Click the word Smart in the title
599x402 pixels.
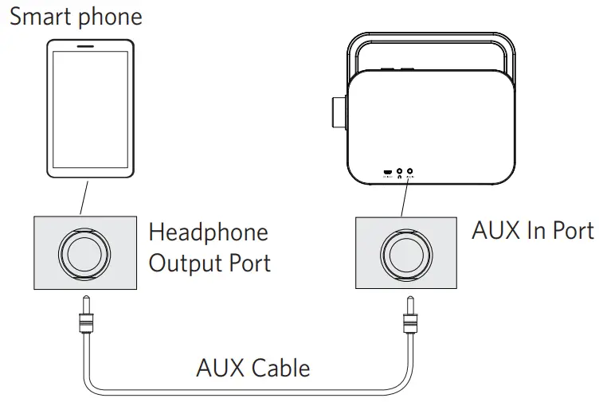click(40, 17)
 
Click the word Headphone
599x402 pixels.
click(209, 232)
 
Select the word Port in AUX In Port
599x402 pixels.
click(568, 230)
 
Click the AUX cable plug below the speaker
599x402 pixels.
click(410, 320)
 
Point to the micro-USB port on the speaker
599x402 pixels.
click(387, 171)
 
